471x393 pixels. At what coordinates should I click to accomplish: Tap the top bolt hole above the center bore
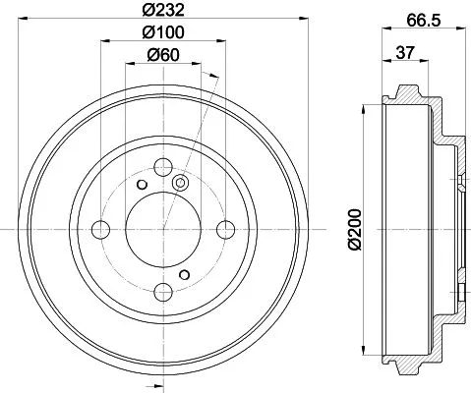point(163,166)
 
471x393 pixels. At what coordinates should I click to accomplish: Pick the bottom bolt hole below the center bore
point(163,292)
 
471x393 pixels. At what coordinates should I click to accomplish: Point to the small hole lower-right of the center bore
point(186,274)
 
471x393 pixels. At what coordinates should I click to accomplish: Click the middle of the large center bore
point(163,229)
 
